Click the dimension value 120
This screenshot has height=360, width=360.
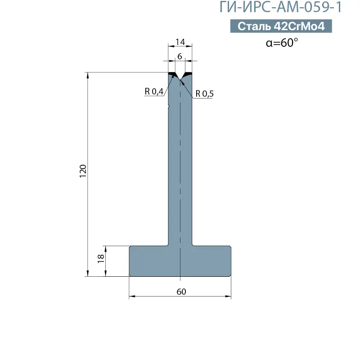[83, 171]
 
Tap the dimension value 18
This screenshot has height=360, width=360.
[101, 258]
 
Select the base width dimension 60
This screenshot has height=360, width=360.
[181, 292]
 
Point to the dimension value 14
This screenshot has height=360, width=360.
[180, 42]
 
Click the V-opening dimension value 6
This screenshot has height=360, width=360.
[180, 56]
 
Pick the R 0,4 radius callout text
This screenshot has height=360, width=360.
[154, 91]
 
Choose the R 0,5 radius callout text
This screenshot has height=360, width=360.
[204, 94]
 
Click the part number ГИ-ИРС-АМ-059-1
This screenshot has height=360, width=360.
[280, 7]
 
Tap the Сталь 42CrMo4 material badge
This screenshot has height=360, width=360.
[281, 26]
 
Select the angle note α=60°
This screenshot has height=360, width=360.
[282, 43]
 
